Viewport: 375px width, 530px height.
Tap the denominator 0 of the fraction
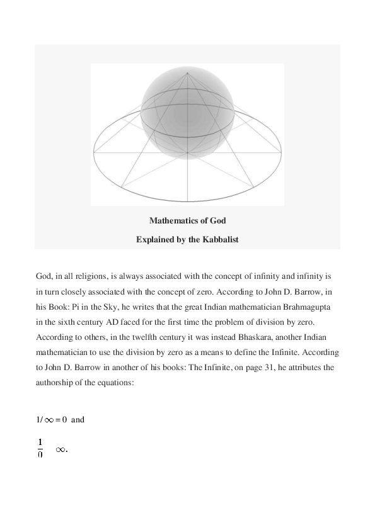(40, 455)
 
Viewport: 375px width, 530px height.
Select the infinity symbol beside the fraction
(61, 449)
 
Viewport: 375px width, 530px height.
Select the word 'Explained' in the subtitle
(156, 239)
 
